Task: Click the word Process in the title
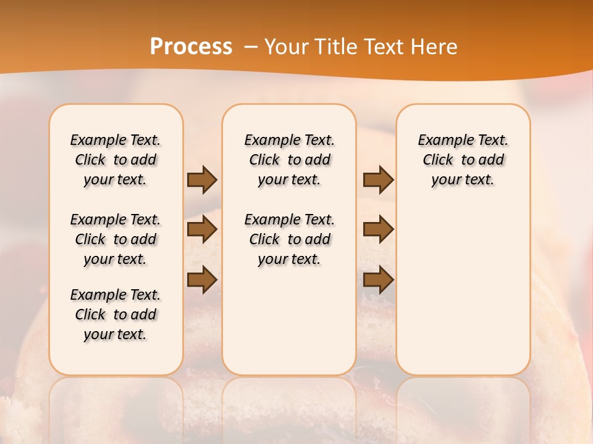coord(191,47)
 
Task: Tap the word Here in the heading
coord(434,47)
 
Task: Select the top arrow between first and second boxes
coord(202,180)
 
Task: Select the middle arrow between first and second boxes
coord(202,229)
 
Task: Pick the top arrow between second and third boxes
coord(378,180)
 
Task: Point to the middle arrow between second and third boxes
coord(378,229)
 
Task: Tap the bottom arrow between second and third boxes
coord(378,281)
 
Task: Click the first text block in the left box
coord(116,160)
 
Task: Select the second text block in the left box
coord(116,239)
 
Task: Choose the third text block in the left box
coord(116,314)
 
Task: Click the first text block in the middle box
coord(289,160)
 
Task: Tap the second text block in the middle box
coord(289,239)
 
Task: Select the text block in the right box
coord(463,160)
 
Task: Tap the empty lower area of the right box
coord(463,296)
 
